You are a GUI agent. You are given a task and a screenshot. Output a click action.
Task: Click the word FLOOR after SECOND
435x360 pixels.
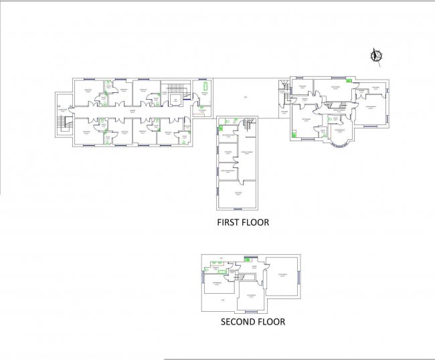[x=273, y=322]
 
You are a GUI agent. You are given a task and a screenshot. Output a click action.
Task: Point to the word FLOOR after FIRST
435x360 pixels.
[x=258, y=222]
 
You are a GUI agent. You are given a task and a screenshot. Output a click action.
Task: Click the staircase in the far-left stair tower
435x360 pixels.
[x=64, y=123]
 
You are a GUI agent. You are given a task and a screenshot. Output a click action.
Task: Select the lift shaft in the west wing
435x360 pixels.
[x=175, y=101]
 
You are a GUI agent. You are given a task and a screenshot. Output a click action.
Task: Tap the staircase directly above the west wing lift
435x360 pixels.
[x=174, y=88]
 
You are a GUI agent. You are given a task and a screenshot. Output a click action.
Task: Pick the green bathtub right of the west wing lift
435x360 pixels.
[x=205, y=87]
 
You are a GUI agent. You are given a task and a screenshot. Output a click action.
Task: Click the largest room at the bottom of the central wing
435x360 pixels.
[x=238, y=195]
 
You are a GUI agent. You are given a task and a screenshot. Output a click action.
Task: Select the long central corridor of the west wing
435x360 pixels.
[x=130, y=111]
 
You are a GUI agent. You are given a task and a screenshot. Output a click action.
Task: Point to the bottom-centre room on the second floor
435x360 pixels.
[x=251, y=298]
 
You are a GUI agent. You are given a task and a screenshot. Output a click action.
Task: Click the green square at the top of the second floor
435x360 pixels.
[x=247, y=258]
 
